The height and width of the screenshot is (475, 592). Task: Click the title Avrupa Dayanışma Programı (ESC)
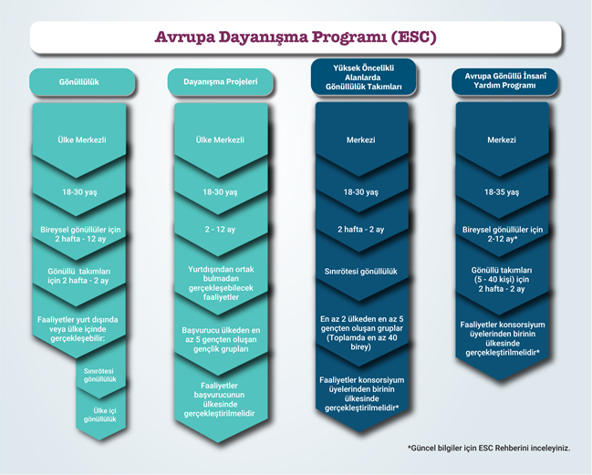[296, 37]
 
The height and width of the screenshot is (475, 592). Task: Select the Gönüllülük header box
[82, 81]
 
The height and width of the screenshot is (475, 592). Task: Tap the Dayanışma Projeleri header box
[220, 81]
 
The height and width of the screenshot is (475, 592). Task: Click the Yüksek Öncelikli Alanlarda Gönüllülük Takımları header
[364, 77]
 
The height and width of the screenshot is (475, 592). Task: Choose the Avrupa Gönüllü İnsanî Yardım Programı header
[504, 81]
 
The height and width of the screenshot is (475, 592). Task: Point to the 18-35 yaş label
[502, 192]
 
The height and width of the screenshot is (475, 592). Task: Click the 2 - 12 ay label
[220, 230]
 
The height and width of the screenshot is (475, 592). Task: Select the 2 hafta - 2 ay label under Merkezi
[361, 230]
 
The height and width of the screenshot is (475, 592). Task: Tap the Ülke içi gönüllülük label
[100, 415]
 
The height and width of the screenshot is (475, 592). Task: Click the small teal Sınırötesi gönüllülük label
[99, 375]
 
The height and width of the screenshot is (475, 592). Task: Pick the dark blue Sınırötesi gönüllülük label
[361, 272]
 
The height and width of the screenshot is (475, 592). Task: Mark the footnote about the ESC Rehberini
[489, 449]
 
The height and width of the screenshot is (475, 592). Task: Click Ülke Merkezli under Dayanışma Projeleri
[220, 140]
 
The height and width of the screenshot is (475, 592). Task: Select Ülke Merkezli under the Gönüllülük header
[82, 140]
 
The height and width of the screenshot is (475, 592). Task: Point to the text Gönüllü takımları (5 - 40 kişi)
[502, 280]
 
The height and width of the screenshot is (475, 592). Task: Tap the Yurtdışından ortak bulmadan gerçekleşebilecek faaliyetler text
[221, 284]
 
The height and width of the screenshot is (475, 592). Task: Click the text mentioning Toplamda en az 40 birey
[361, 333]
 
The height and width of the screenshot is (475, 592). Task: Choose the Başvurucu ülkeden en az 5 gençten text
[221, 339]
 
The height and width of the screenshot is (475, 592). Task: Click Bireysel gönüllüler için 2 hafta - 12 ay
[80, 234]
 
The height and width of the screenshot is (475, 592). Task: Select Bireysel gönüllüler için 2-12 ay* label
[503, 234]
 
